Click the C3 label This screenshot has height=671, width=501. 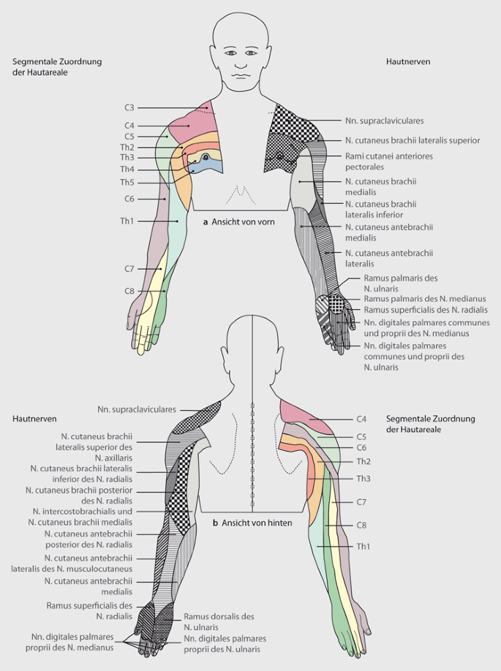(x=129, y=108)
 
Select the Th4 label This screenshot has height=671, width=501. (x=127, y=170)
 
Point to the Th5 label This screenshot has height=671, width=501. (x=127, y=182)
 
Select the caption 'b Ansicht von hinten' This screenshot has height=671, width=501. (x=252, y=523)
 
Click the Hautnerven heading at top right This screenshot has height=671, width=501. (x=407, y=62)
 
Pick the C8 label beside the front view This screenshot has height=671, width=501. (x=129, y=292)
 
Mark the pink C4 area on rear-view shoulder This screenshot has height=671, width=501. (x=307, y=419)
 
